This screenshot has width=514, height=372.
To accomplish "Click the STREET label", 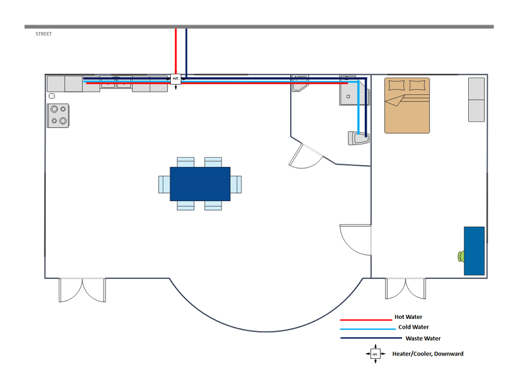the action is pos(43,34).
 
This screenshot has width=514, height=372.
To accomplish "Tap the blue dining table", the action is pos(200,183).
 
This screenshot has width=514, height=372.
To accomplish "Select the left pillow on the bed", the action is pos(396,85).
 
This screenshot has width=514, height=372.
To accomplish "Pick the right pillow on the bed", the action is pos(417,85).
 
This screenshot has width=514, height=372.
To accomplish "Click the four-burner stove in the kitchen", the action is pos(58,115).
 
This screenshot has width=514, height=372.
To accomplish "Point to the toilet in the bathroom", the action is pos(359,138).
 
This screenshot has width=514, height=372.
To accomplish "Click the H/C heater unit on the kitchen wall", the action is pos(176,79).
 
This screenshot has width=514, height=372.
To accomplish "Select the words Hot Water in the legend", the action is pos(408,317).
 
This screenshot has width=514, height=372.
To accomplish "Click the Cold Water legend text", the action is pos(413,327).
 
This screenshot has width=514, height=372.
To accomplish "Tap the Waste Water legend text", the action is pos(423,338).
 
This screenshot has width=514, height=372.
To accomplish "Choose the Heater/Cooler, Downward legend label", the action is pos(428,354).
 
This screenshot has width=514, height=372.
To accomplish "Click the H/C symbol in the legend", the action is pos(375,354).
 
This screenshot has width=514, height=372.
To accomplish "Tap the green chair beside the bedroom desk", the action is pos(461,257).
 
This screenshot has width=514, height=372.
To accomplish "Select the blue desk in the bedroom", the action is pos(474,251).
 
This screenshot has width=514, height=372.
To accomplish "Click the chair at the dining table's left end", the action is pos(164,185).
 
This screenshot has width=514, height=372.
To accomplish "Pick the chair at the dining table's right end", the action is pos(236,185).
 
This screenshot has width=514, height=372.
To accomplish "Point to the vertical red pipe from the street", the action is pos(176,51).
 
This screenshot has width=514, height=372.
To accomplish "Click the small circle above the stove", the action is pos(52,96).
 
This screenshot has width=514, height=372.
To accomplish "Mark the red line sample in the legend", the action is pos(366,320).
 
